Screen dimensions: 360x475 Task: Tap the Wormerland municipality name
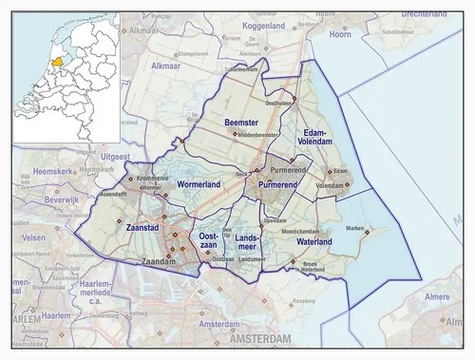pyautogui.click(x=198, y=183)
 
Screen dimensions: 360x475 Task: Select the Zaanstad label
pyautogui.click(x=142, y=228)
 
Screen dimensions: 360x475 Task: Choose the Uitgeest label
pyautogui.click(x=113, y=155)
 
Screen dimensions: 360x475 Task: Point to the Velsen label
pyautogui.click(x=33, y=237)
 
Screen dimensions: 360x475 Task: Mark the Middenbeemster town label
pyautogui.click(x=257, y=136)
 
